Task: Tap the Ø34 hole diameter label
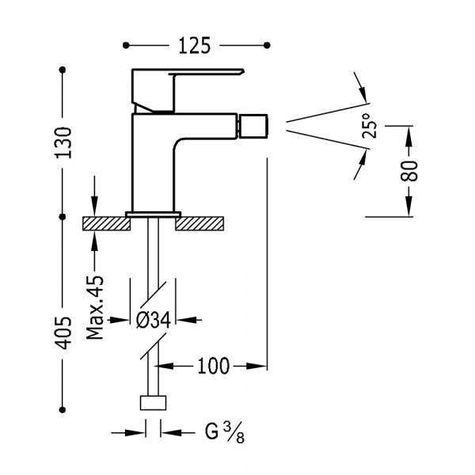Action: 155,320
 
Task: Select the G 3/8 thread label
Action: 224,432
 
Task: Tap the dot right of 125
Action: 268,45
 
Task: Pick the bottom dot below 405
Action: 64,409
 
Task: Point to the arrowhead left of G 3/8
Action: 142,432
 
